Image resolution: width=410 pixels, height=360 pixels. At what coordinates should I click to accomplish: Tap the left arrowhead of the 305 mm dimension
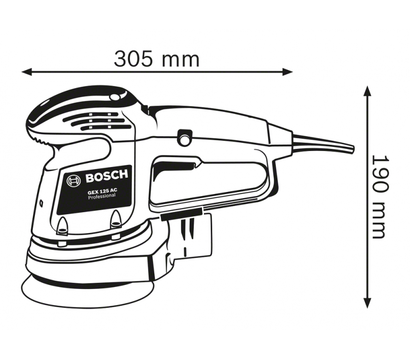pyautogui.click(x=28, y=72)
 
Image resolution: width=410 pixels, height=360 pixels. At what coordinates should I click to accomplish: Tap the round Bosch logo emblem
pyautogui.click(x=74, y=182)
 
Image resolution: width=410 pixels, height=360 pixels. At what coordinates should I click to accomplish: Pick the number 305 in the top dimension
pyautogui.click(x=138, y=58)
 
